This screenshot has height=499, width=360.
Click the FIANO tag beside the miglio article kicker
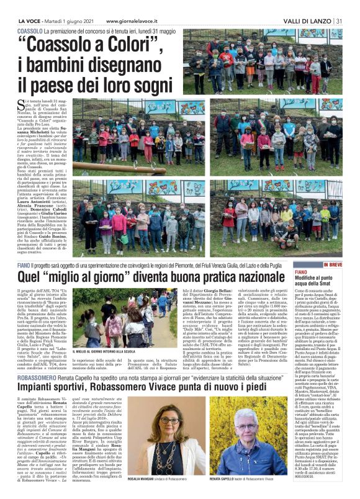tap(25, 265)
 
